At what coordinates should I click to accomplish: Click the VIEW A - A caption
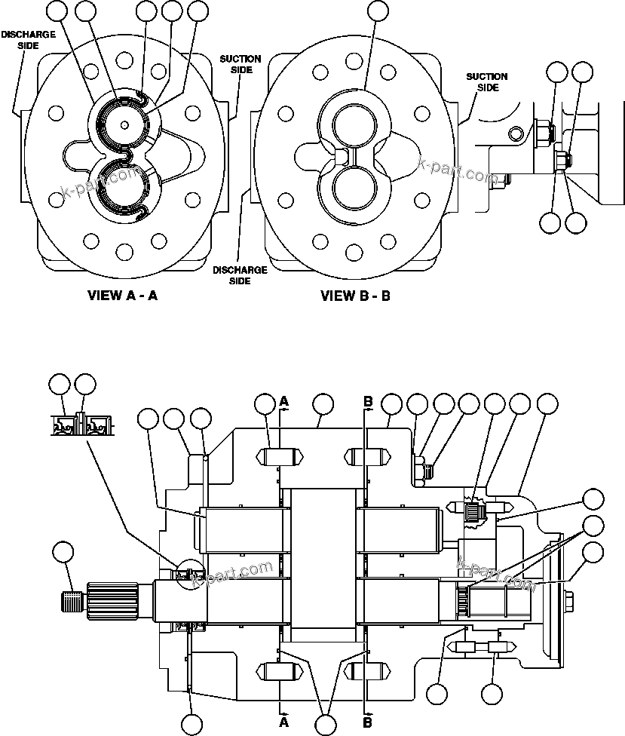click(x=122, y=296)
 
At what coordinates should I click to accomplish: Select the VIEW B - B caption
click(x=356, y=296)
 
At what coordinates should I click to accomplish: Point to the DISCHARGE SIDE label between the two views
click(x=239, y=275)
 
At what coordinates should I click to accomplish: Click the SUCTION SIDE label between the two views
click(x=241, y=64)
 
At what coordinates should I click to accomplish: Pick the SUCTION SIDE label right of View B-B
click(x=486, y=81)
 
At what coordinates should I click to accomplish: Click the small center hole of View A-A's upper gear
click(x=122, y=125)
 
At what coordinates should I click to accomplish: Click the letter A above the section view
click(x=284, y=402)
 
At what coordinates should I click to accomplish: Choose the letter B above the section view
click(x=368, y=402)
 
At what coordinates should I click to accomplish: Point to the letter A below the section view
click(x=284, y=722)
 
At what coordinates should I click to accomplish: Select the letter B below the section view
click(x=368, y=722)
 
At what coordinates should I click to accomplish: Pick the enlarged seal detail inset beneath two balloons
click(x=81, y=425)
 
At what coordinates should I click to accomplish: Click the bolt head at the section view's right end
click(x=568, y=600)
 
